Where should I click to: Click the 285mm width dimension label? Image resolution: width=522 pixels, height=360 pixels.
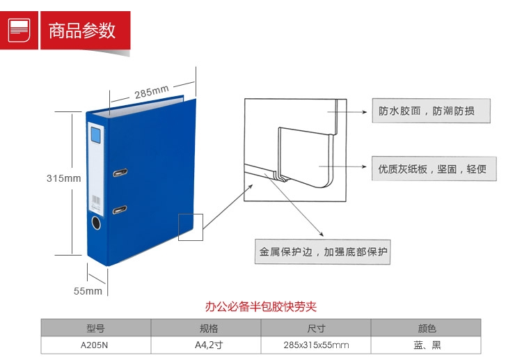152,92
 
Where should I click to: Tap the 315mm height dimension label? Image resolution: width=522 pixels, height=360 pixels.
64,178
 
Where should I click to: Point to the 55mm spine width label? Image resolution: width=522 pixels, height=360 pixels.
88,291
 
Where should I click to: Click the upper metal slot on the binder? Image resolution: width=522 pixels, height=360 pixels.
120,173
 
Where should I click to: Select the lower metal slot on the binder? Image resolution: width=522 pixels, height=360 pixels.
120,210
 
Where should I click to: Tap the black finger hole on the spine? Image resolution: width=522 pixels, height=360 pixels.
96,223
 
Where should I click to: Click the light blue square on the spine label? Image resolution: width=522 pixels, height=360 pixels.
95,134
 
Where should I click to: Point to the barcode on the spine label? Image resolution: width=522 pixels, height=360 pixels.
96,200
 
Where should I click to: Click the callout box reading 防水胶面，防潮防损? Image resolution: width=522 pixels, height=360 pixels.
431,111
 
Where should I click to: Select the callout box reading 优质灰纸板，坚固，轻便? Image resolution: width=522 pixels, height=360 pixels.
434,169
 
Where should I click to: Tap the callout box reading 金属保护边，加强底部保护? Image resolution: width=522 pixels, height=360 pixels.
322,252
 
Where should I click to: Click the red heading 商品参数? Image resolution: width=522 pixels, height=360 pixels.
82,31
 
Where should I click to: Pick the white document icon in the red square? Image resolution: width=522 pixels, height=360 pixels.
19,30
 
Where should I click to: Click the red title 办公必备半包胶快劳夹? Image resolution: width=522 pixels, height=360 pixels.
261,306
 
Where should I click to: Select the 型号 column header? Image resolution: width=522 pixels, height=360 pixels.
96,329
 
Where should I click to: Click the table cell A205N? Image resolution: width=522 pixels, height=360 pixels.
94,345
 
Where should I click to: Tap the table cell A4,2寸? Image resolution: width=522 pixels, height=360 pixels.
209,345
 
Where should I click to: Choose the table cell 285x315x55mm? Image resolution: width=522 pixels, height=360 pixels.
316,345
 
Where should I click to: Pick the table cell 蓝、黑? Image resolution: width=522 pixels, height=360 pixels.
427,345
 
